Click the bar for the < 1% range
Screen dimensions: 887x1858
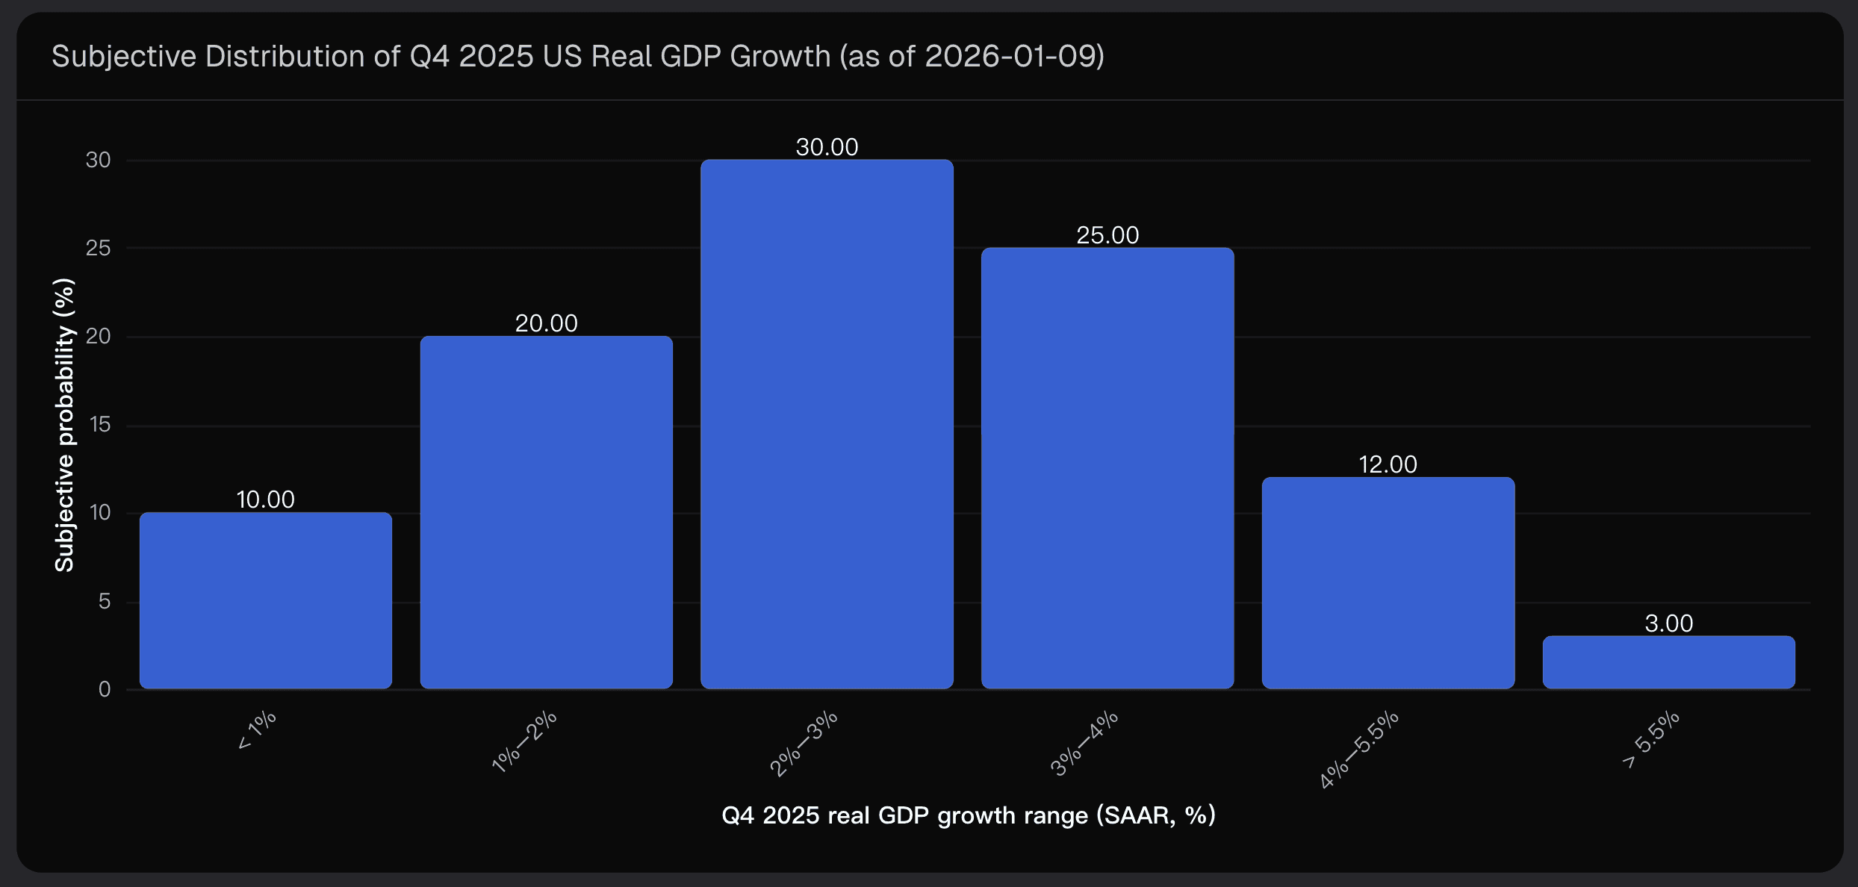click(x=266, y=600)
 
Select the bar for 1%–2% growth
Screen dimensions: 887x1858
click(x=546, y=512)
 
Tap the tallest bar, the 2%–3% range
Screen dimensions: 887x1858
click(x=827, y=424)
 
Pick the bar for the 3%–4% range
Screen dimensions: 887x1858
click(x=1107, y=468)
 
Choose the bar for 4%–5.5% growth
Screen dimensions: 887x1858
click(x=1388, y=582)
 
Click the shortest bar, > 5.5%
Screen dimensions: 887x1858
click(x=1668, y=662)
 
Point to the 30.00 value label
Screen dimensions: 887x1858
click(x=827, y=147)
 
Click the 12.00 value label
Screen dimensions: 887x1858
click(x=1388, y=464)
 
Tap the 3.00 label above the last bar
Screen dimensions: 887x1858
click(x=1668, y=623)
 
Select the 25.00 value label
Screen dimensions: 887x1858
click(x=1107, y=235)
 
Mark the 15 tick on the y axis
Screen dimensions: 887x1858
click(x=99, y=425)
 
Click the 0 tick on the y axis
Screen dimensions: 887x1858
click(x=105, y=689)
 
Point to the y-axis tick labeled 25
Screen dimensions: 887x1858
click(x=98, y=248)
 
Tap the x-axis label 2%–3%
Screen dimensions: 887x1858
click(x=804, y=744)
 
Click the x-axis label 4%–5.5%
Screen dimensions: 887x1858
click(x=1358, y=750)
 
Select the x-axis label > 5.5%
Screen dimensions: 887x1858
click(x=1650, y=740)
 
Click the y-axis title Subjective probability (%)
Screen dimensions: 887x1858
click(x=65, y=425)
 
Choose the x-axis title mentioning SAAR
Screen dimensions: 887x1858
click(x=968, y=815)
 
